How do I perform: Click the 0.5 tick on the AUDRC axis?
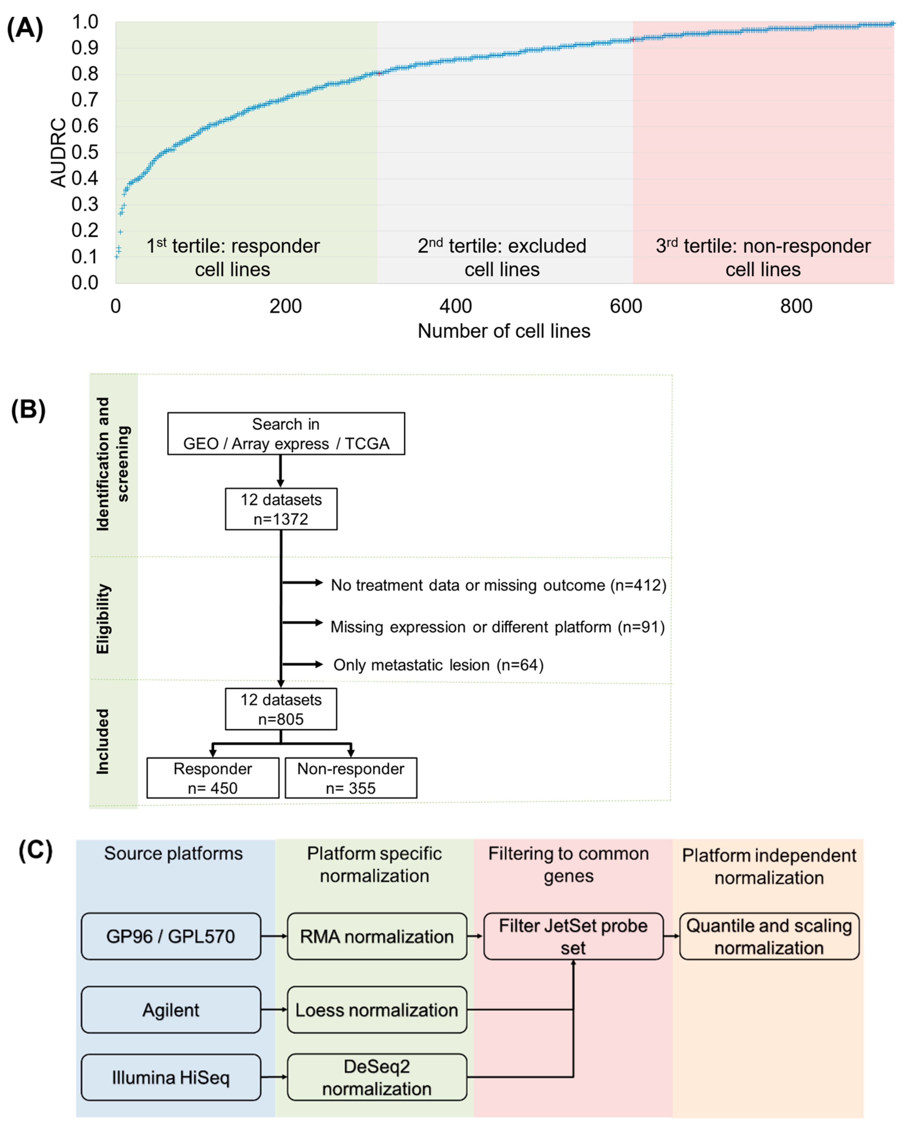point(85,152)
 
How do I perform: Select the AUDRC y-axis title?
point(59,152)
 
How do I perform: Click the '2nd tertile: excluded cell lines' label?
point(502,257)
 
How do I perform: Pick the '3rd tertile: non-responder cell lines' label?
point(763,257)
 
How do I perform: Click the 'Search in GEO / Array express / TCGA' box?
point(286,434)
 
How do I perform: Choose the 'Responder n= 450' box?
point(213,778)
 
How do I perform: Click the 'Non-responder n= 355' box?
point(351,778)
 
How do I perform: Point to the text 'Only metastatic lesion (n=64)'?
point(438,665)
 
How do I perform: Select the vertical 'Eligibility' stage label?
point(103,619)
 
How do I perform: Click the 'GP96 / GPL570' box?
point(171,936)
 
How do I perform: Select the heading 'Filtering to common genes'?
point(568,864)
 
